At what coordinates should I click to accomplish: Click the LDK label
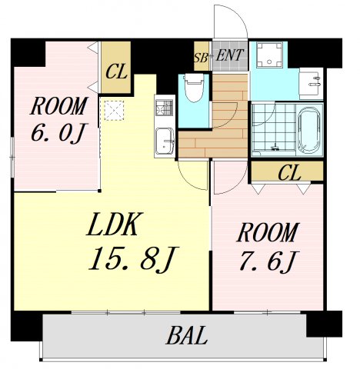114,224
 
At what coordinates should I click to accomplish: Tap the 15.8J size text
133,259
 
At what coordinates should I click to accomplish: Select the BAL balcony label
187,335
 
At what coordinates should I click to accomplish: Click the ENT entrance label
229,55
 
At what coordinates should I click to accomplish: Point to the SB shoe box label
201,58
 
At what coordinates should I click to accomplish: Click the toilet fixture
194,88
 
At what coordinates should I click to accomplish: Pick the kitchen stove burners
165,108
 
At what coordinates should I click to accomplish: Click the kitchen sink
165,141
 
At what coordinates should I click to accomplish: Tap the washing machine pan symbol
269,55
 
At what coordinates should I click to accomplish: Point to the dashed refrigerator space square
115,111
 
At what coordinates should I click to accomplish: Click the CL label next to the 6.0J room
116,71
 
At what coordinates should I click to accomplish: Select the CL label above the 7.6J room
289,173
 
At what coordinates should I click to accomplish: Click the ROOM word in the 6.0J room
59,106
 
